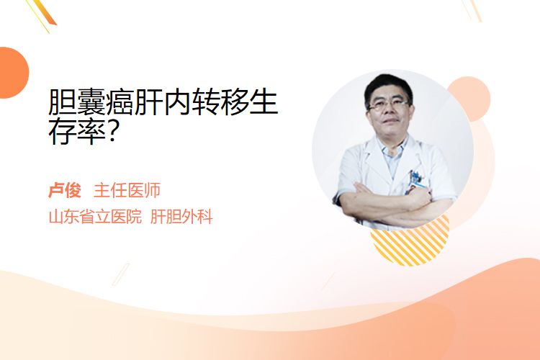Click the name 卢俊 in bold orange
coord(65,191)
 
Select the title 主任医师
coord(127,191)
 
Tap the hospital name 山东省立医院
coord(95,217)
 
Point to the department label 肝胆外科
coord(181,217)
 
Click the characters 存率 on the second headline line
coord(77,131)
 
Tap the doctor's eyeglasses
coord(389,104)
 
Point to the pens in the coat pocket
coord(415,177)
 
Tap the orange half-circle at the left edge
coord(13,73)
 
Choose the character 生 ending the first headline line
coord(264,102)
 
